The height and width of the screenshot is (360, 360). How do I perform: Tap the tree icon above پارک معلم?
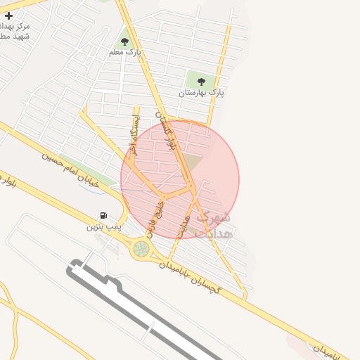(x=125, y=41)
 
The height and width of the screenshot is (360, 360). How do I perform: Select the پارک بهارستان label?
(x=201, y=93)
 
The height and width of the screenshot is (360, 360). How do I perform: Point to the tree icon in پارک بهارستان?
(x=202, y=82)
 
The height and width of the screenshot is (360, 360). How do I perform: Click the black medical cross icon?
(x=8, y=15)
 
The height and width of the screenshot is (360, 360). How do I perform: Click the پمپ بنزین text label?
(x=104, y=226)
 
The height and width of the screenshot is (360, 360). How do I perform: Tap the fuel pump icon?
(x=104, y=216)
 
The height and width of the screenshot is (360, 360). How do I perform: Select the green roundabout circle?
(x=142, y=248)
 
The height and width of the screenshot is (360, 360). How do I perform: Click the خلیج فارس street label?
(x=155, y=218)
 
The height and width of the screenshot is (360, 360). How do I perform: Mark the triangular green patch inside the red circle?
(x=193, y=165)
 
